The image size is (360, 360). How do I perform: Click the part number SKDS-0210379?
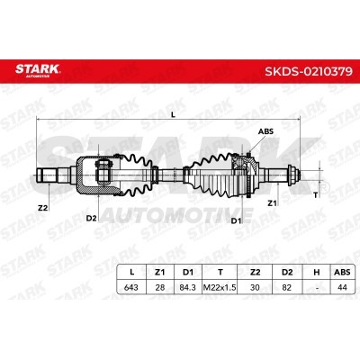point(309,71)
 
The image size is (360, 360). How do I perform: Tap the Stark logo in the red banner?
point(38,70)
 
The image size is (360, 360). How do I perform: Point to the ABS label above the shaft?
point(265,131)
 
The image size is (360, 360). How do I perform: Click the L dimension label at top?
point(173,114)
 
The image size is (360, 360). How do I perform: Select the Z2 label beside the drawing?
point(43,207)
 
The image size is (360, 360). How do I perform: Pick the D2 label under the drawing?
point(92,218)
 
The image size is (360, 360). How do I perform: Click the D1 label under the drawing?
point(236,220)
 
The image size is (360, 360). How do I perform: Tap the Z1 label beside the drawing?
point(272,203)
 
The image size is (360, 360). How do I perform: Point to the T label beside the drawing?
point(315,195)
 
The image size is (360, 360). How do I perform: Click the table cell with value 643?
point(131,287)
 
